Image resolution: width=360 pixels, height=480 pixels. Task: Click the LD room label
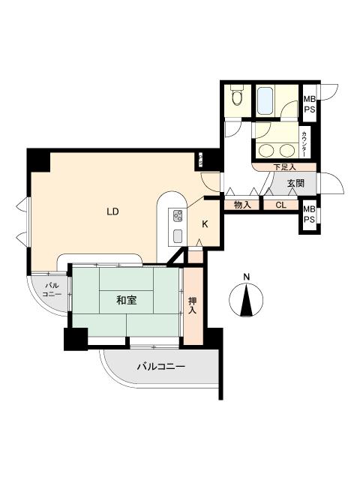pos(112,211)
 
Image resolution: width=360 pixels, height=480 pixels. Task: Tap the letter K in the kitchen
pos(205,223)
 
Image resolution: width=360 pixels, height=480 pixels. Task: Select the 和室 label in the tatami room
pos(126,300)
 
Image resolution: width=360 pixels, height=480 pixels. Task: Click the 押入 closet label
pos(192,305)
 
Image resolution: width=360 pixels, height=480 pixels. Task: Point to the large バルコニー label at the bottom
pos(160,367)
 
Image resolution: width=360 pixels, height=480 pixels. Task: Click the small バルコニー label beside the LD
pos(51,290)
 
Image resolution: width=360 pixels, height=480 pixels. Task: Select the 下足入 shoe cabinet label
pos(283,166)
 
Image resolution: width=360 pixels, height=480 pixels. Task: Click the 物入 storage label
pos(241,205)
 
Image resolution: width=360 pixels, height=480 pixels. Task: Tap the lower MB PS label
pos(309,214)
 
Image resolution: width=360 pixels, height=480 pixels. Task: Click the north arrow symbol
pos(246,301)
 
